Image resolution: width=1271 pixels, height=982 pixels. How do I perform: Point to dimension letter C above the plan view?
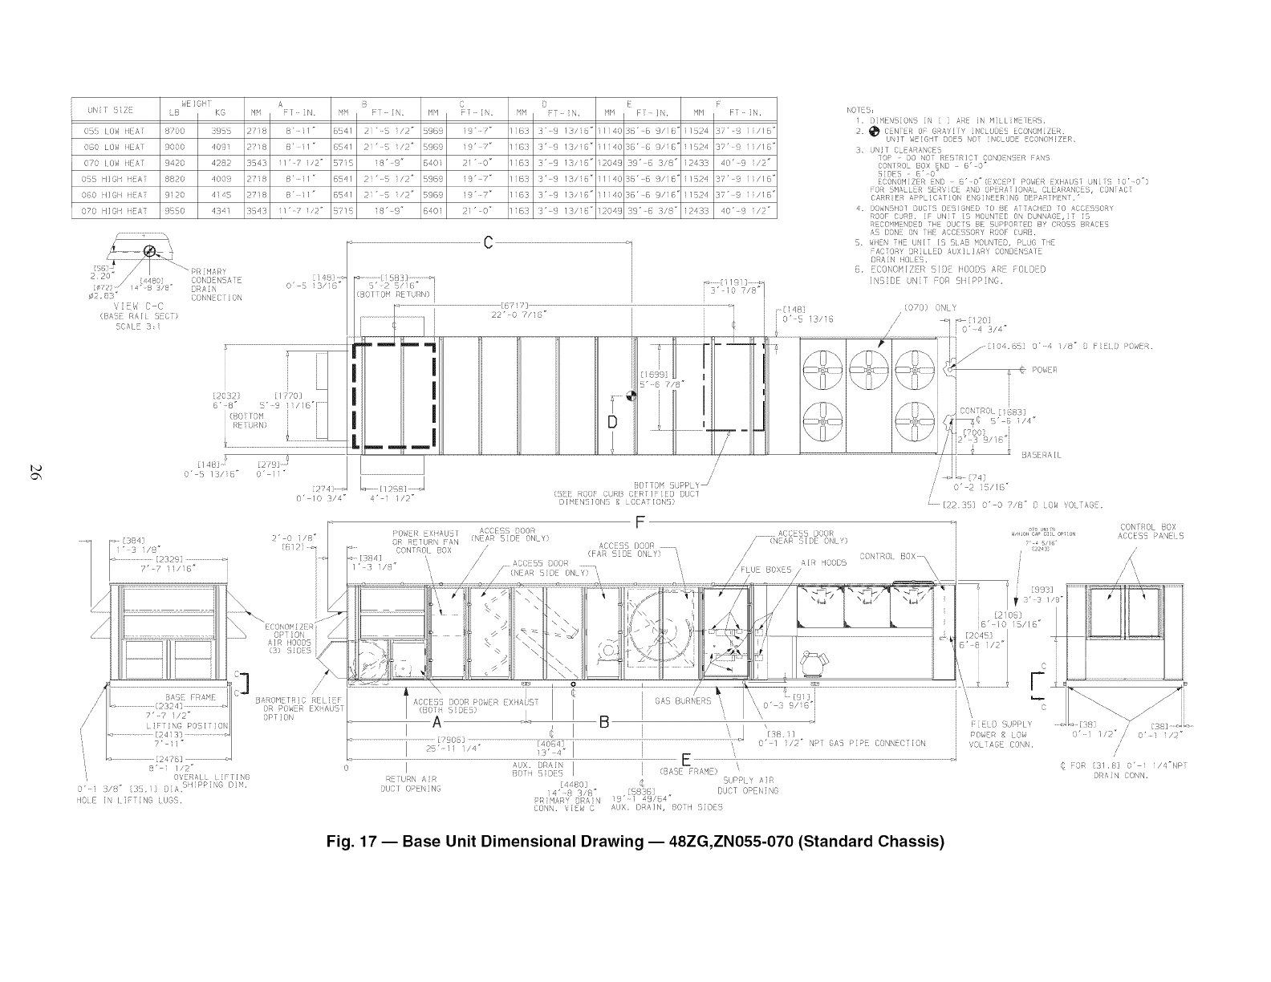click(x=488, y=244)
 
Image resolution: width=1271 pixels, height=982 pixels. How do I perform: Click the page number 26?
click(x=35, y=473)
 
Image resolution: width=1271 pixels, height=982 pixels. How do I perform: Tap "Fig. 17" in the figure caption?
click(x=351, y=842)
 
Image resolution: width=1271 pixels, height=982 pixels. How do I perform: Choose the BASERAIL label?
click(x=1042, y=455)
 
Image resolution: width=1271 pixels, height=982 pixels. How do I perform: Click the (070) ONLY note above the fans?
click(x=930, y=307)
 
